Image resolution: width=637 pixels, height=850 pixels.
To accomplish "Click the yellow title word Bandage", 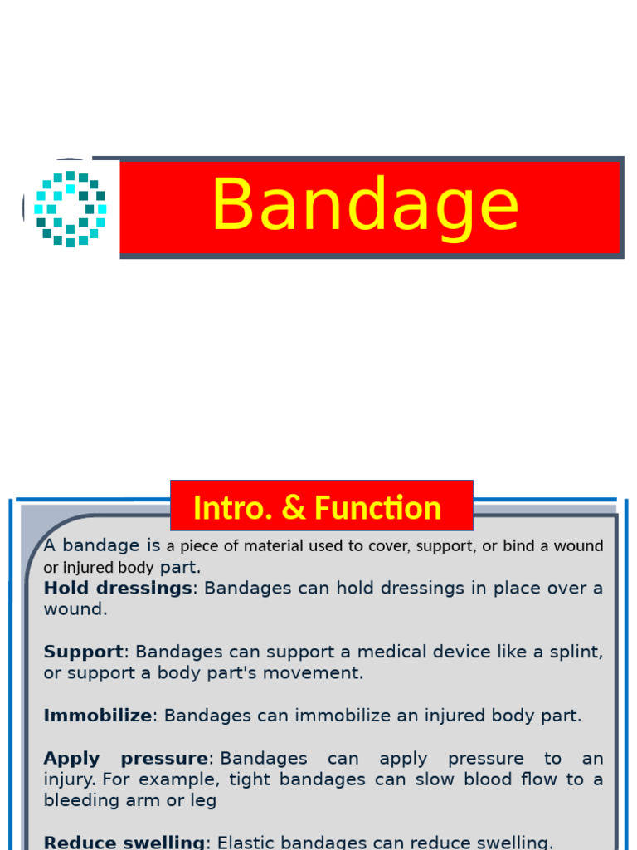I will click(x=365, y=206).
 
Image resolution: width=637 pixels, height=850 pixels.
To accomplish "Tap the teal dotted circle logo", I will click(x=71, y=208).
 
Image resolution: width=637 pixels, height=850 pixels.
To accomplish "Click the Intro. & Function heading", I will click(x=317, y=508).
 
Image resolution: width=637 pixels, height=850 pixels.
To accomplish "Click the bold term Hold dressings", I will click(x=118, y=589).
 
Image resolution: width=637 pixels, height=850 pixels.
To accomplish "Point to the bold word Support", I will click(x=83, y=652).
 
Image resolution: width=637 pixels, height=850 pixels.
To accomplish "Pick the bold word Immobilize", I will click(x=98, y=716).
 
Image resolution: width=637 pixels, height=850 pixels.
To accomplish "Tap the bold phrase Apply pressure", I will click(x=126, y=759).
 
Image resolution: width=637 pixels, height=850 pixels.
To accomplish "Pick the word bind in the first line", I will click(x=512, y=546).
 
